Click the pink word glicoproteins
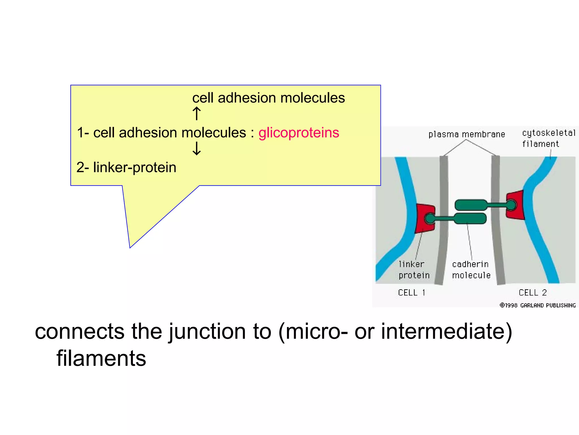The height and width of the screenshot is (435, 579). point(299,133)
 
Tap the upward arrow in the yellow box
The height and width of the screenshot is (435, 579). point(196,114)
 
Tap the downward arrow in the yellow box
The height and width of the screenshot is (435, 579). point(196,148)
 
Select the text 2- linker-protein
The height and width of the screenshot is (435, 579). point(126,167)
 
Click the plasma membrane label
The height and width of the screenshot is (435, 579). point(466,134)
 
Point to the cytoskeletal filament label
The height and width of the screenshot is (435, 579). point(548,138)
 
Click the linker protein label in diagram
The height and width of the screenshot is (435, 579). point(414,270)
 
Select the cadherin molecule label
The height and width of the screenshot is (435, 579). point(471,270)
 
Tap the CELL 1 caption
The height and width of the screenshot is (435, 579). point(412,293)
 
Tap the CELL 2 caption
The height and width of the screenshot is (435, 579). point(533,293)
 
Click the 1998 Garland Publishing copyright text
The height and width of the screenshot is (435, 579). point(537,305)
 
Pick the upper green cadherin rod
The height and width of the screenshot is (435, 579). point(470,205)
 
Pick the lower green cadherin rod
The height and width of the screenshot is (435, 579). point(470,218)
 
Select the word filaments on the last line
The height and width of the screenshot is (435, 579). point(101,359)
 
